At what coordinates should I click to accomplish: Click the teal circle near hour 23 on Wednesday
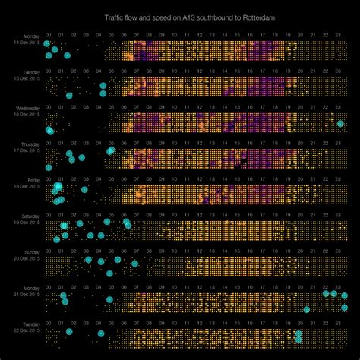tap(340, 124)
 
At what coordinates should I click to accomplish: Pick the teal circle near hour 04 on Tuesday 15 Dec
tap(103, 86)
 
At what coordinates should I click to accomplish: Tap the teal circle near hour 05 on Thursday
tap(111, 150)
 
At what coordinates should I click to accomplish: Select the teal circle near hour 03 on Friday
tap(84, 190)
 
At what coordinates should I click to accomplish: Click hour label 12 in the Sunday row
tap(197, 251)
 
